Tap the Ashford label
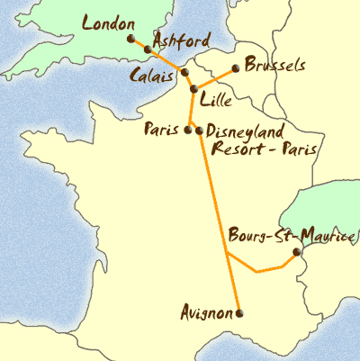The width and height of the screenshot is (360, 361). tap(182, 41)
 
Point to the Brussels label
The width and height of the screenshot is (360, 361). tap(274, 67)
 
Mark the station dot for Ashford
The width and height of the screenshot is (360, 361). tap(148, 50)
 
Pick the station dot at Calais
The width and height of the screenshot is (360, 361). tap(184, 73)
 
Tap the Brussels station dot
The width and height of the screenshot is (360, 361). tap(236, 68)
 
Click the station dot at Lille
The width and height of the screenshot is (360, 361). tap(193, 88)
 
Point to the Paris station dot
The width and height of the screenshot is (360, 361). tap(188, 131)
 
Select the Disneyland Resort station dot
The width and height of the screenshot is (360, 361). tap(199, 131)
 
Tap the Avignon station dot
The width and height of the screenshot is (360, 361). tap(239, 313)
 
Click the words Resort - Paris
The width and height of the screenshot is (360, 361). tap(263, 149)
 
